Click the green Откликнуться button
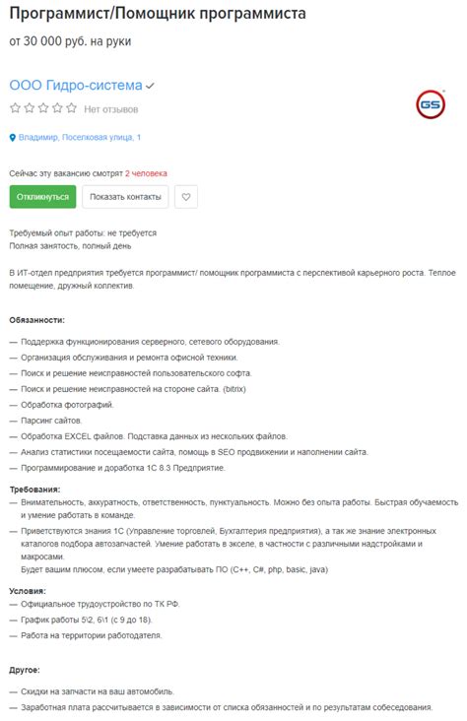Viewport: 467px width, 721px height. tap(42, 196)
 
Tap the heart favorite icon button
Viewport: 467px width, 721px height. tap(186, 196)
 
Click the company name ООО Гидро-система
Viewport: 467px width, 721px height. tap(76, 86)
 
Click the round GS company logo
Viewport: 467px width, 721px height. tap(430, 104)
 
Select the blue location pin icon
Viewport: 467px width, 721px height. tap(13, 138)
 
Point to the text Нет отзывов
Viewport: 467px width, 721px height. tap(111, 108)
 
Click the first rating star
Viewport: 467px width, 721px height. tap(15, 108)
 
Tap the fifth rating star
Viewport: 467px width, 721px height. tap(70, 108)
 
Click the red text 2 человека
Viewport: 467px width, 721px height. tap(147, 172)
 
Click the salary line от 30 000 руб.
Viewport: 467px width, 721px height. tap(70, 41)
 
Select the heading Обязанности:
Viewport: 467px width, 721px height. tap(37, 320)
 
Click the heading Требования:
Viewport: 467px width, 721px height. tap(35, 489)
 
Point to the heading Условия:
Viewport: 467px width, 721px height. tap(29, 591)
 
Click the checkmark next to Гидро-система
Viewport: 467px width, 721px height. tap(151, 87)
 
